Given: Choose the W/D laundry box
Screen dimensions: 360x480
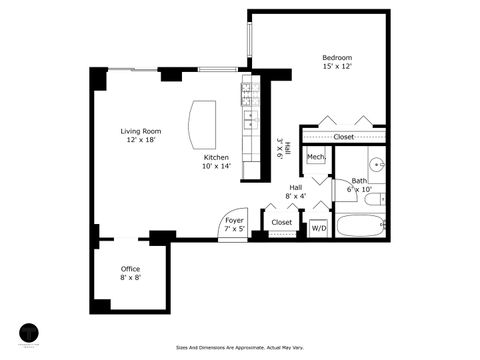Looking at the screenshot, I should pyautogui.click(x=319, y=228).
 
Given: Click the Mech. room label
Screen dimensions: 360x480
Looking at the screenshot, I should pyautogui.click(x=316, y=157).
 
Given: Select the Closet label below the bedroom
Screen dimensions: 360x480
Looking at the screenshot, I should pyautogui.click(x=343, y=137).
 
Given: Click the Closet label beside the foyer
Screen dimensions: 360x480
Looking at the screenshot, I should pyautogui.click(x=281, y=222).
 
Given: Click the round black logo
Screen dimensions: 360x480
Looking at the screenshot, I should pyautogui.click(x=30, y=331).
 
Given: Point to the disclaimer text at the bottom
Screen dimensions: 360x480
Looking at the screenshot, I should pyautogui.click(x=239, y=348).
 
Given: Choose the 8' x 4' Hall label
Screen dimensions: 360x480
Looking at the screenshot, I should pyautogui.click(x=296, y=192).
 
